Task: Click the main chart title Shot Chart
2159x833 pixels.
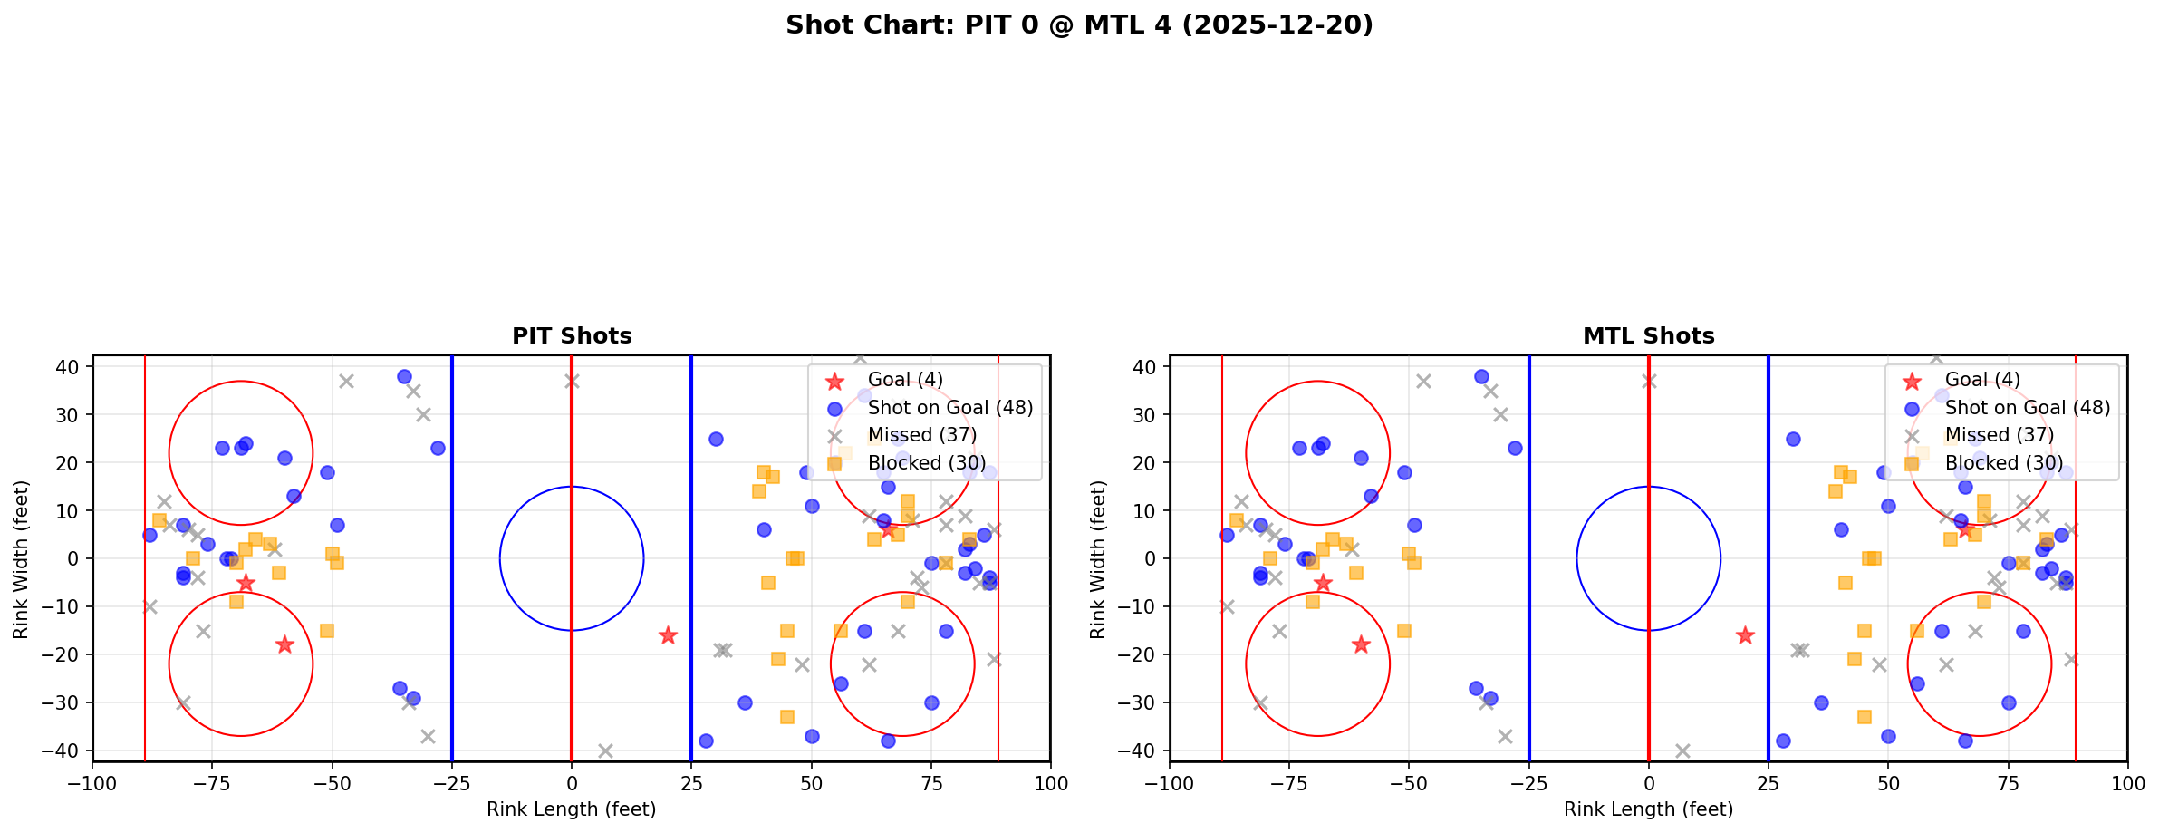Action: tap(1079, 25)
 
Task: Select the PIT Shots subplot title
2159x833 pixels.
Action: tap(572, 336)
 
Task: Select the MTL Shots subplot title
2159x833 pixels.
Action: tap(1648, 336)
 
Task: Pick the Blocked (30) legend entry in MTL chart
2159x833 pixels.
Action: tap(2003, 463)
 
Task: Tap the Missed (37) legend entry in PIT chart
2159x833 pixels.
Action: tap(921, 435)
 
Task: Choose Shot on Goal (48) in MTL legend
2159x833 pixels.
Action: tap(2027, 408)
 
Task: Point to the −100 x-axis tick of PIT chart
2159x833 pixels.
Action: tap(92, 783)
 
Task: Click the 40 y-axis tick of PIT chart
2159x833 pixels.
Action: tap(71, 367)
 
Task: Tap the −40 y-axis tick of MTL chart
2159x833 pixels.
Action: tap(1143, 751)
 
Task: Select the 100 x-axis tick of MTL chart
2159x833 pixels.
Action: tap(2127, 783)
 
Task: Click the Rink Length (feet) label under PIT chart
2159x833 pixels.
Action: tap(572, 809)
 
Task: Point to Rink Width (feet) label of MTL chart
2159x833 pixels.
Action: tap(1098, 559)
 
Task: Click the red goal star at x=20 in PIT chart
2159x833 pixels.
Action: tap(668, 635)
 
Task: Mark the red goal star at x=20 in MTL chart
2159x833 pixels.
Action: tap(1745, 635)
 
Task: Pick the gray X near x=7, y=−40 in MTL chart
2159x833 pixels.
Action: tap(1682, 751)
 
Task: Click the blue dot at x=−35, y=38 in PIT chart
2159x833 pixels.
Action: tap(404, 376)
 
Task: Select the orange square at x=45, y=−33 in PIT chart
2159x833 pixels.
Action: tap(787, 717)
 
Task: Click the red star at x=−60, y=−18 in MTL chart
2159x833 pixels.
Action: tap(1361, 644)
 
